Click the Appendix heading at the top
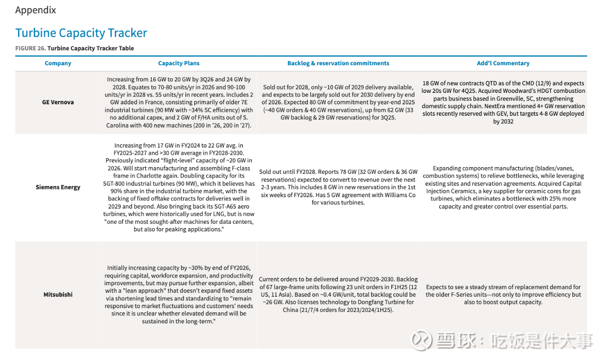pos(36,10)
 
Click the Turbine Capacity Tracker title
pos(81,33)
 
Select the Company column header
pos(58,63)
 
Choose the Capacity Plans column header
pos(178,63)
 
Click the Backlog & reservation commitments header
pos(338,63)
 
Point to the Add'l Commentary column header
pos(503,63)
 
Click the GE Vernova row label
pos(58,102)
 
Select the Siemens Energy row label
pos(58,187)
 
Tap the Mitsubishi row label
pos(58,295)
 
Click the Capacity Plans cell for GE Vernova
pos(178,102)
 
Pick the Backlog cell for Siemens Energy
pos(338,187)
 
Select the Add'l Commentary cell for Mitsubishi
pos(503,295)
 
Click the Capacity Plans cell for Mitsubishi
pos(178,295)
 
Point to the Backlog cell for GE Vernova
pos(338,102)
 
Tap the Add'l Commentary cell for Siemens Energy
pos(503,187)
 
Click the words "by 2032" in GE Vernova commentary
pos(503,121)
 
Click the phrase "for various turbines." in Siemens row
pos(338,202)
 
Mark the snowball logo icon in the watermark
pos(421,340)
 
